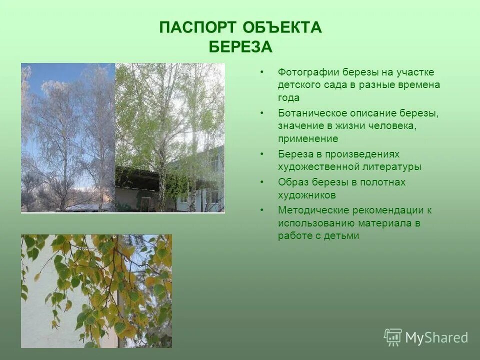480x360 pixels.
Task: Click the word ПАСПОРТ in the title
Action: coord(198,27)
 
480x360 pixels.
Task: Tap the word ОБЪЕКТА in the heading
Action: coord(282,27)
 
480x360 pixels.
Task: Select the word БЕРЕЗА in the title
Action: coord(240,47)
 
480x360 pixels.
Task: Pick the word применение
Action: coord(308,139)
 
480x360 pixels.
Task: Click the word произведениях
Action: coord(362,154)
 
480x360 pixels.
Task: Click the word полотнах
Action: coord(382,182)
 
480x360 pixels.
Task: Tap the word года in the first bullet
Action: coord(288,98)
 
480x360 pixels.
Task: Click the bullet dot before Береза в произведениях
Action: coord(261,154)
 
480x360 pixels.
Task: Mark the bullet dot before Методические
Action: coord(261,210)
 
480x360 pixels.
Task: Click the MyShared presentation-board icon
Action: coord(393,337)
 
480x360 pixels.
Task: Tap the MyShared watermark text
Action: coord(437,337)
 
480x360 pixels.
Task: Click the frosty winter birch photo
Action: coord(68,137)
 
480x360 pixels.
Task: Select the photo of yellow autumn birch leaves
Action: coord(96,291)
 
